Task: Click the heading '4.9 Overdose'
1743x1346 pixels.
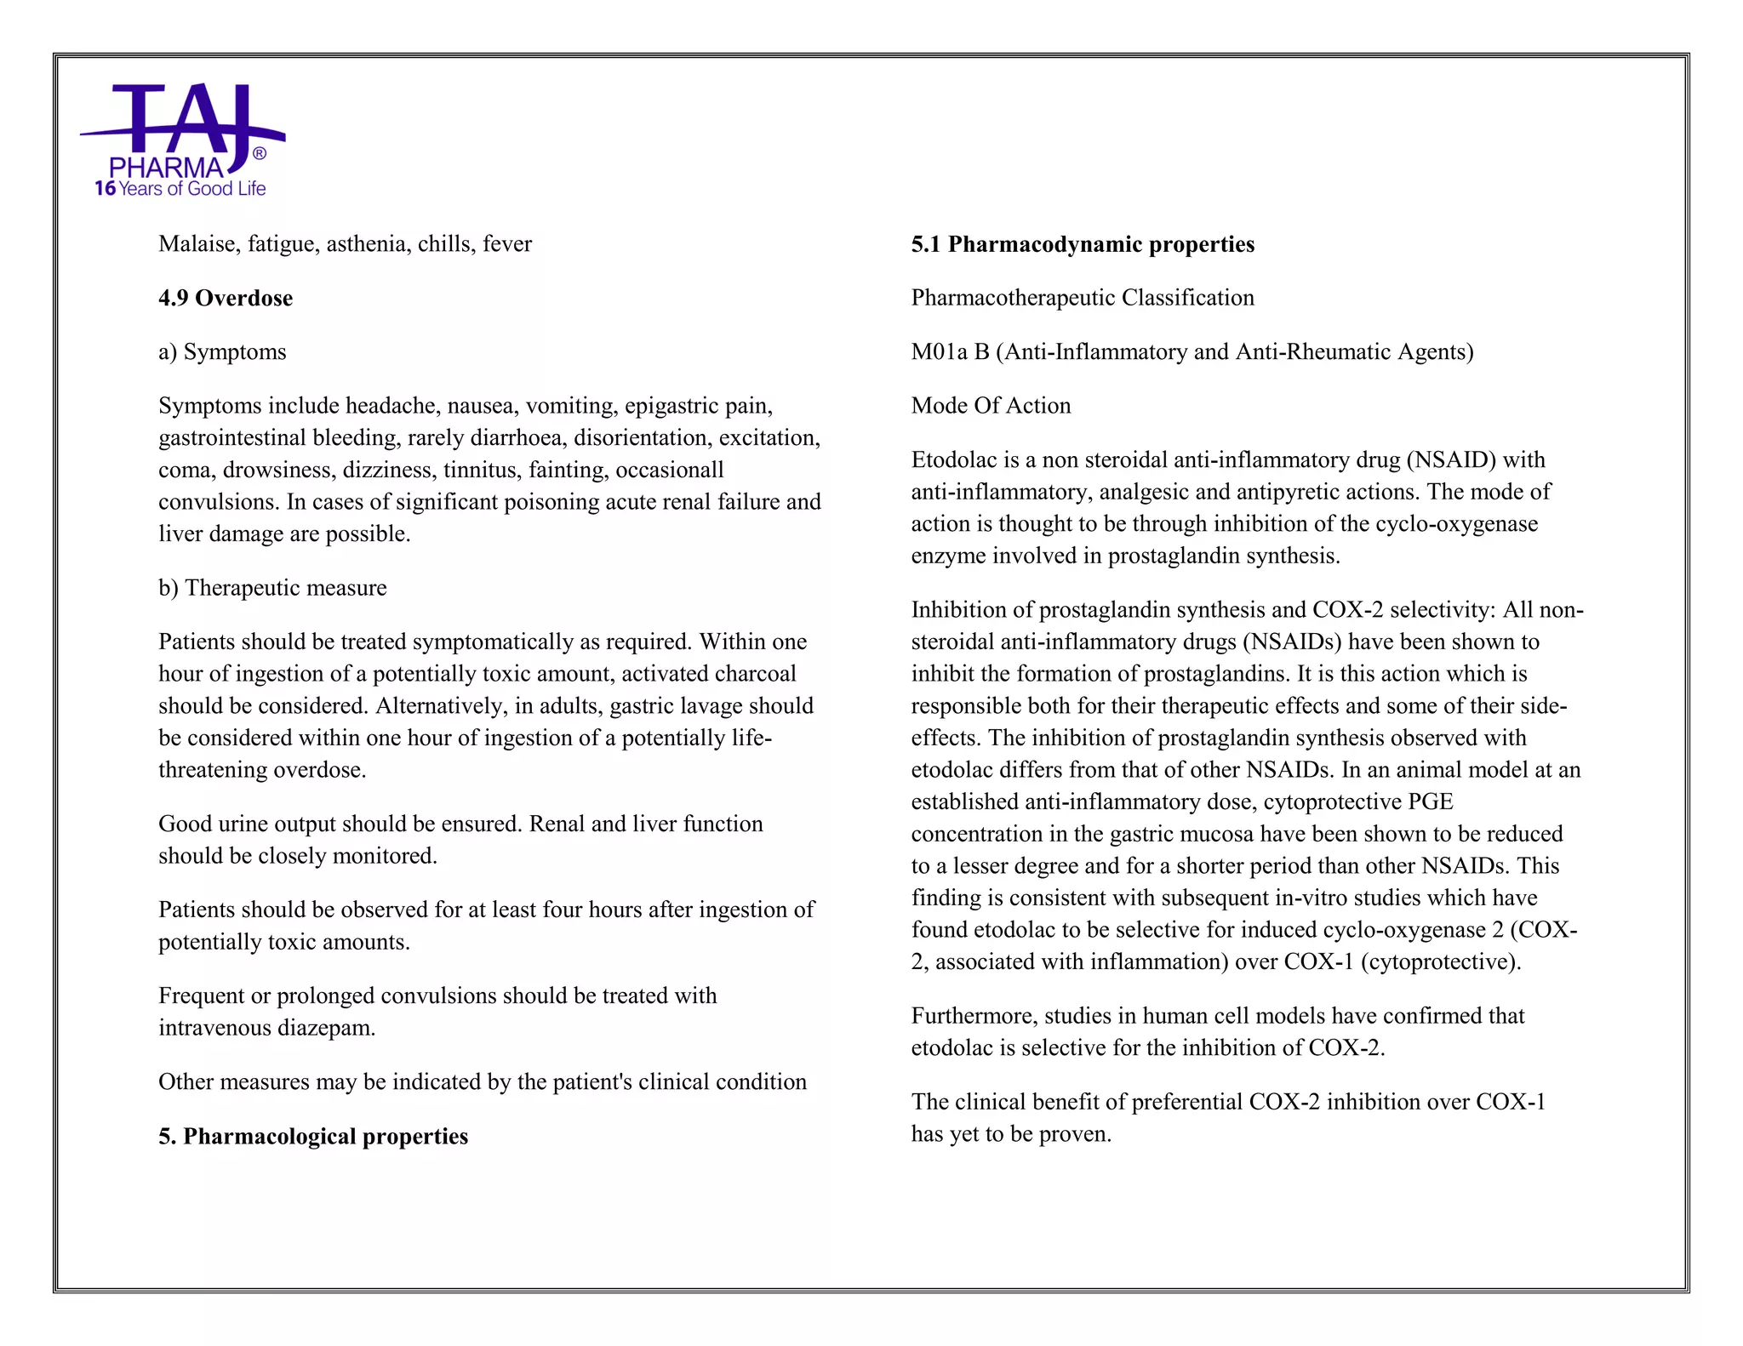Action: coord(226,298)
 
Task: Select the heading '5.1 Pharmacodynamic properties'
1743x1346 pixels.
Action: coord(1083,244)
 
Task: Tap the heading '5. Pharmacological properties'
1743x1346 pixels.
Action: coord(313,1136)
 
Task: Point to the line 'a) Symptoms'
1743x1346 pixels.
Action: coord(222,351)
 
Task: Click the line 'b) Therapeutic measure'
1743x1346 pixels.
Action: coord(272,588)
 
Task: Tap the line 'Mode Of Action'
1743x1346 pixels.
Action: coord(991,406)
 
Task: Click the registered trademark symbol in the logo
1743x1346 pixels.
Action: coord(260,153)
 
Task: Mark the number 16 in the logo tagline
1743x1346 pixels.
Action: coord(105,189)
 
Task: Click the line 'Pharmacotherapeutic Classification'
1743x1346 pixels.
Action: coord(1083,298)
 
